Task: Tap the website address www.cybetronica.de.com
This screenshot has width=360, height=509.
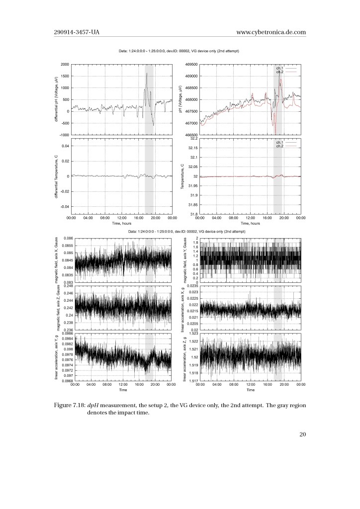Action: coord(271,32)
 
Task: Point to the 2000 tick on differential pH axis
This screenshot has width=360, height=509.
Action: coord(63,65)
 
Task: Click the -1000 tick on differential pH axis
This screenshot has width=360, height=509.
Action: coord(63,135)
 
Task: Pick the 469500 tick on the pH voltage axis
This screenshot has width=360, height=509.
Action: coord(191,65)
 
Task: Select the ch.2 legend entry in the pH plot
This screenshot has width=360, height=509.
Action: coord(280,72)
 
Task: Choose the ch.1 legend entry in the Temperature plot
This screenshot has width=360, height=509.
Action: coord(280,142)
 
